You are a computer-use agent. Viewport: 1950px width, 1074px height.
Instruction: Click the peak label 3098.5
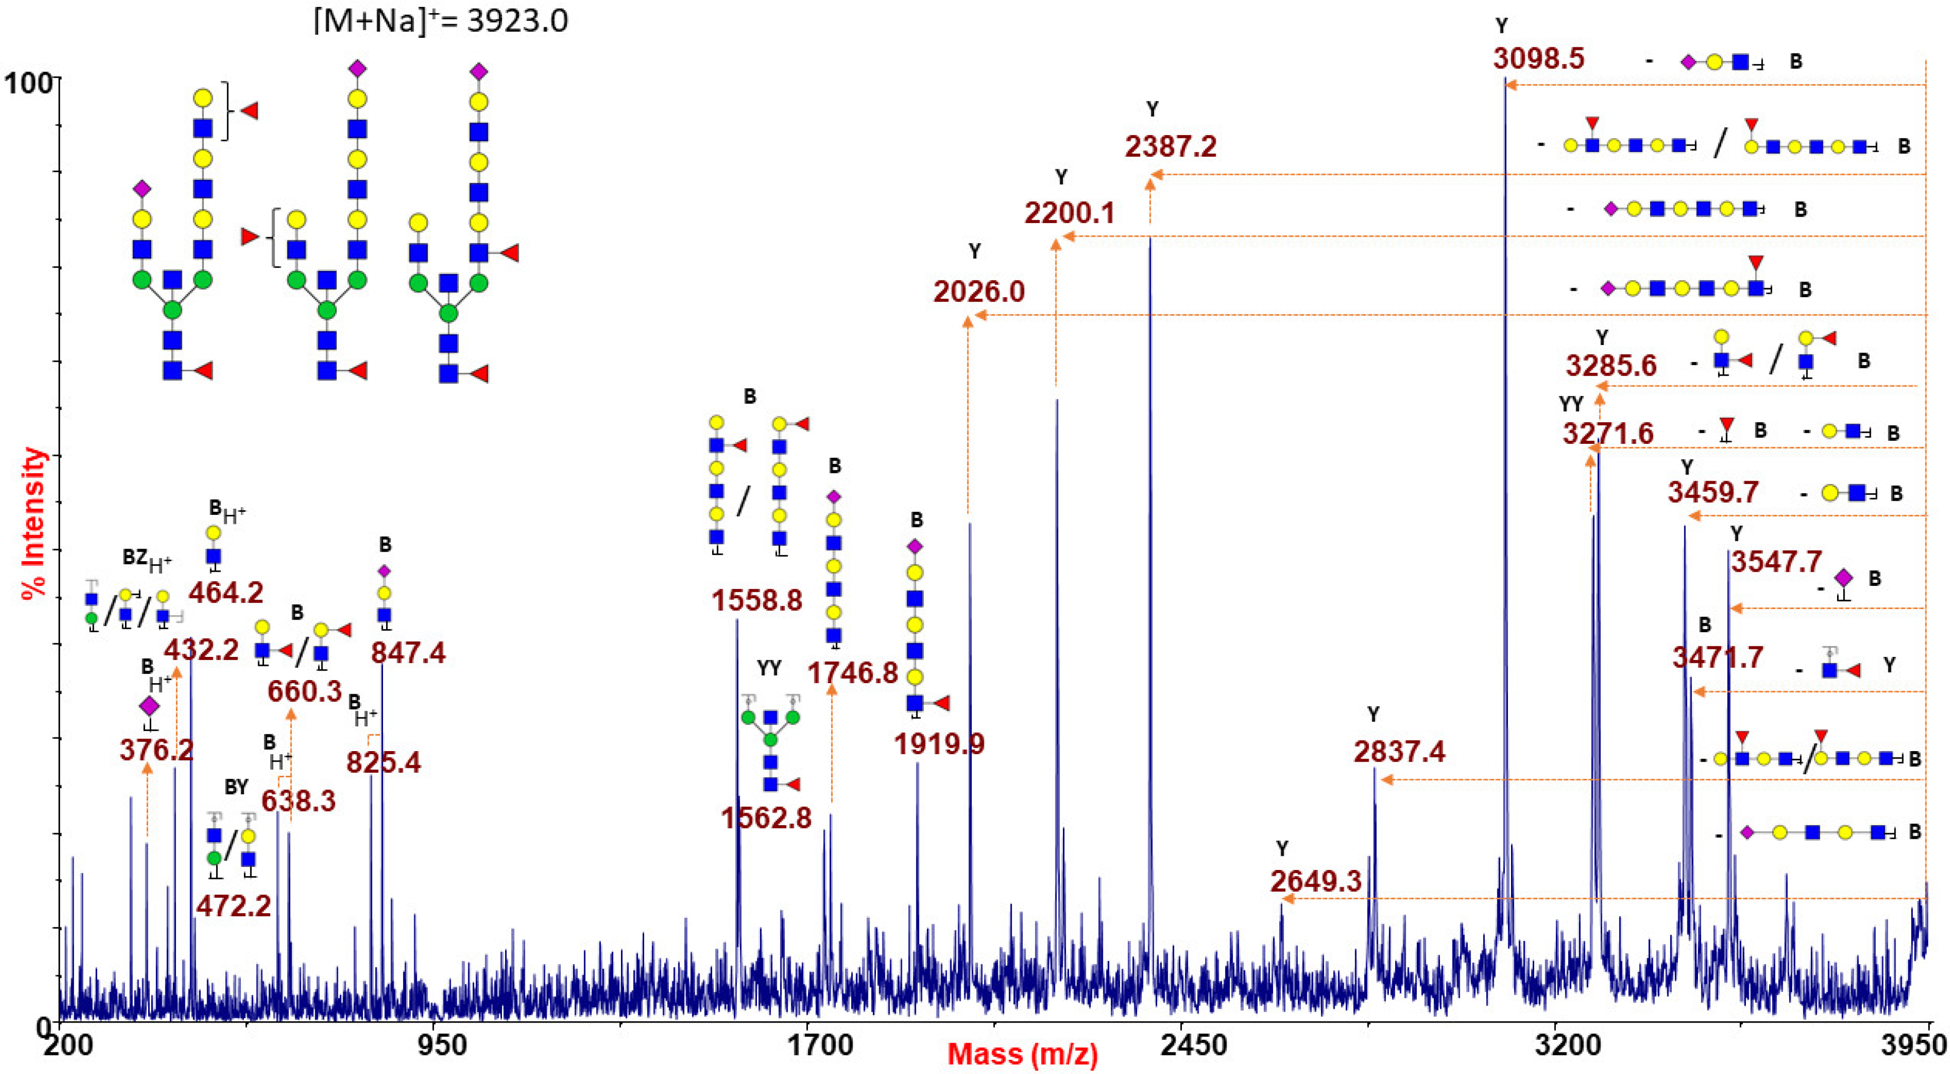(1539, 58)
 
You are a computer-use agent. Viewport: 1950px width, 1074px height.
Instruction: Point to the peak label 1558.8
(756, 600)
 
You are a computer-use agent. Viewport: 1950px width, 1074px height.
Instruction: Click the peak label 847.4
(408, 652)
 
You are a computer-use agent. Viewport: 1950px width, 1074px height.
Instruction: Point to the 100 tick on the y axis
(29, 82)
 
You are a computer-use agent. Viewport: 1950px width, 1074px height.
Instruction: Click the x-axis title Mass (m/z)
(1022, 1053)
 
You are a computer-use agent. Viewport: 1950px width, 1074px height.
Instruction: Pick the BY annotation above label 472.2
(236, 787)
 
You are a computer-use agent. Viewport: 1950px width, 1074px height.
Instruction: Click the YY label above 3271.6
(1571, 404)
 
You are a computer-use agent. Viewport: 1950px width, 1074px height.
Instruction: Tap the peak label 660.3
(304, 691)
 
